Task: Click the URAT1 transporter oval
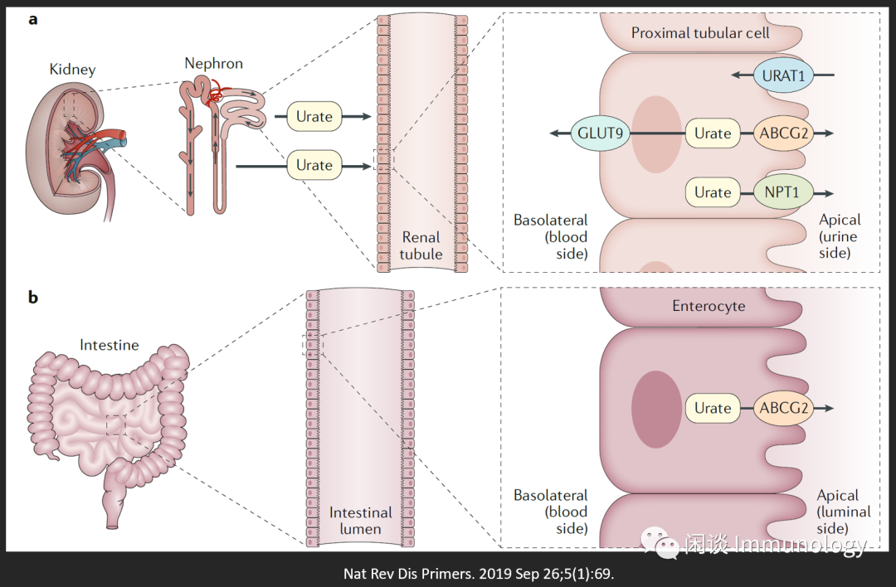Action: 784,75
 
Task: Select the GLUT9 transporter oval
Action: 600,133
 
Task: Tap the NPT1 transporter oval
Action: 783,192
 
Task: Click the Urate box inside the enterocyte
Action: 713,408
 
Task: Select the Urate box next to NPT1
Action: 713,192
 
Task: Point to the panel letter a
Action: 32,19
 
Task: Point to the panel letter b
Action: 33,297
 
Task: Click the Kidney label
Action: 72,70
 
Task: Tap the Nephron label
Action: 213,63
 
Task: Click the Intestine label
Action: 109,345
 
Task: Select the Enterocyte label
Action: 708,306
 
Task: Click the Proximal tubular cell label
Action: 700,33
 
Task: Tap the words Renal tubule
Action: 421,246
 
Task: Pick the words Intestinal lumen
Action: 360,521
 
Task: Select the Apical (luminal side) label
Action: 843,511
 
